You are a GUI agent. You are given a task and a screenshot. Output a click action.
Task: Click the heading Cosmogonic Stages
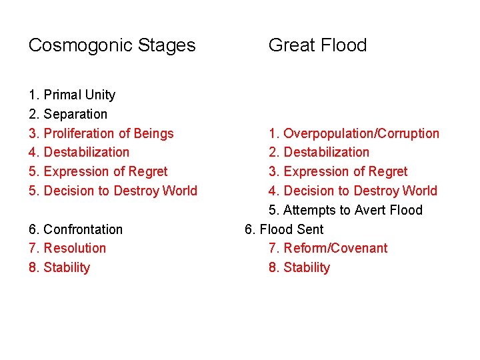coord(112,45)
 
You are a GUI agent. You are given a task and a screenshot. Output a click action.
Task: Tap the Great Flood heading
coord(317,45)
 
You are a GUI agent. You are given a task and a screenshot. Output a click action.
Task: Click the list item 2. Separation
coord(68,114)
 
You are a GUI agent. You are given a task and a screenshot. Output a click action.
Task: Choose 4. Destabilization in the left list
coord(79,152)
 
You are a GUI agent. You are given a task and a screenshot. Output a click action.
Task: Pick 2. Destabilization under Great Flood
coord(319,152)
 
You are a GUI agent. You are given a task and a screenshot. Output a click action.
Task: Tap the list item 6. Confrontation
coord(76,229)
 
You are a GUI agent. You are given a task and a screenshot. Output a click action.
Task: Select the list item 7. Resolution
coord(67,248)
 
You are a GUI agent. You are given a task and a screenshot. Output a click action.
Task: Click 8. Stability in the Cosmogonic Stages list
coord(59,267)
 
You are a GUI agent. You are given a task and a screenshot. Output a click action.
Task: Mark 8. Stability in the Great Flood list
coord(299,267)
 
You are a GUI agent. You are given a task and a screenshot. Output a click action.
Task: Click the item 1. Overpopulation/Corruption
coord(354,133)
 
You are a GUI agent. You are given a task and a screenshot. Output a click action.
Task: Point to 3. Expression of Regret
coord(338,171)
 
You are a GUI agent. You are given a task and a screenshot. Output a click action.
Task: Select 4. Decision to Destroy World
coord(353,191)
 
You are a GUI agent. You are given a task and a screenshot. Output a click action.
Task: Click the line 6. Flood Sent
coord(284,229)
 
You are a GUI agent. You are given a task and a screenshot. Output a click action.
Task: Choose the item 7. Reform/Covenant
coord(328,248)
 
